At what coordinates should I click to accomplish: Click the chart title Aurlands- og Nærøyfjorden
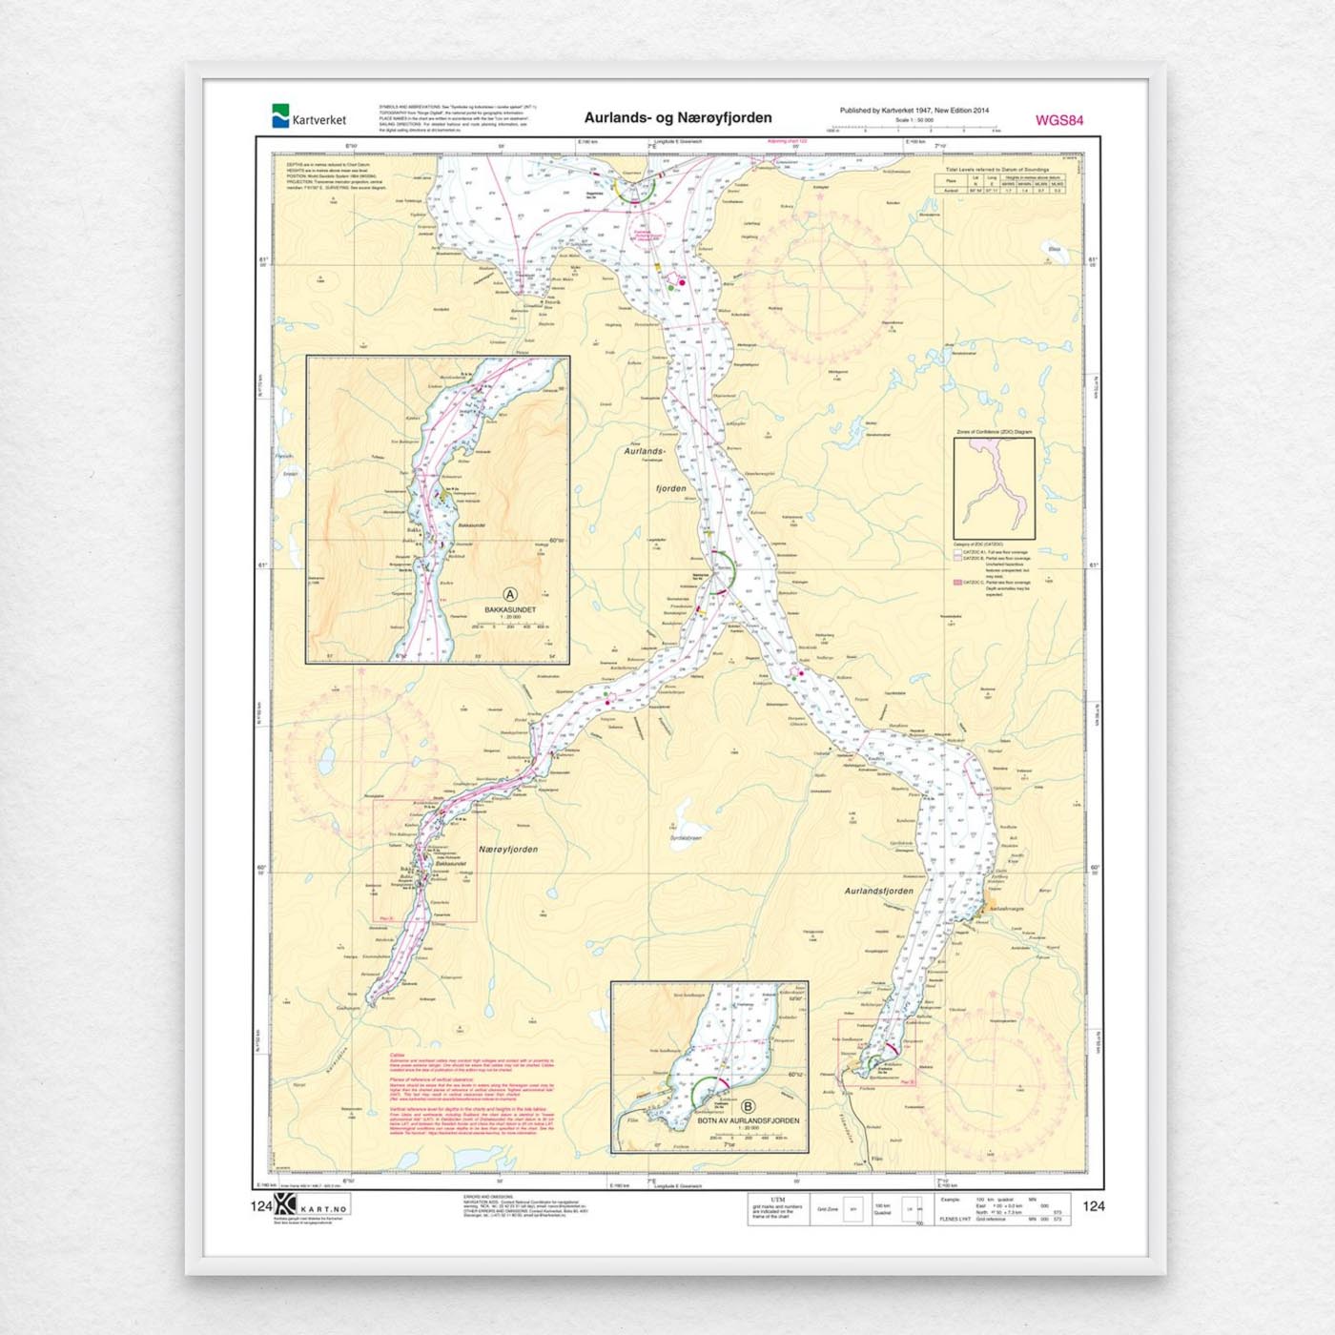(x=678, y=118)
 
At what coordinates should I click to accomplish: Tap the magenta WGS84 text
(x=1058, y=120)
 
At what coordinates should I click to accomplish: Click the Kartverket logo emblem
(x=280, y=116)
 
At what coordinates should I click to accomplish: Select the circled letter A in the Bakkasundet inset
(x=510, y=595)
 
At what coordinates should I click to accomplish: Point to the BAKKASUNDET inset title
(x=510, y=609)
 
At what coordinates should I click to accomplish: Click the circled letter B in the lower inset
(x=748, y=1107)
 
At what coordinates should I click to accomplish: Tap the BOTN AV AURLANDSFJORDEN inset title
(x=748, y=1120)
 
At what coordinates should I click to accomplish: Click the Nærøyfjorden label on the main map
(x=508, y=849)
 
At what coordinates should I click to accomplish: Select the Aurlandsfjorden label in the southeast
(x=878, y=891)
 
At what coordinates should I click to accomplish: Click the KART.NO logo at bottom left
(x=311, y=1205)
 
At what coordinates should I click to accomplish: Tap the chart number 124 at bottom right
(x=1093, y=1206)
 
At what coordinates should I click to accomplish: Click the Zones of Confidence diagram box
(x=994, y=488)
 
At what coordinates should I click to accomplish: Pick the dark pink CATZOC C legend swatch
(x=957, y=582)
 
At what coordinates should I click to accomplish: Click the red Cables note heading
(x=398, y=1056)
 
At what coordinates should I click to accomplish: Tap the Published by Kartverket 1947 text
(x=913, y=111)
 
